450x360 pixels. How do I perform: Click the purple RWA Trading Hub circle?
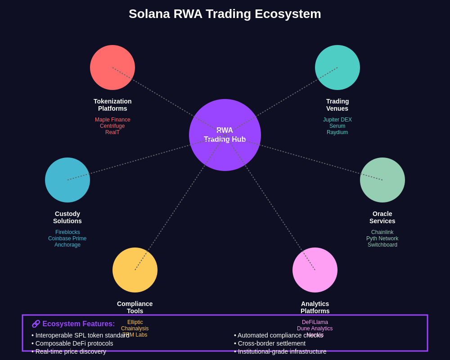225,153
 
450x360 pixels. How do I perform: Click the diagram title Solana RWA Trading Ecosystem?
225,14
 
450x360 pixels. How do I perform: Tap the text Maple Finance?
112,120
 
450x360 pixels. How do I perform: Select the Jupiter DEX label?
337,120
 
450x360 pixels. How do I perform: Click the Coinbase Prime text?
67,238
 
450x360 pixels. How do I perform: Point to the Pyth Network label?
382,238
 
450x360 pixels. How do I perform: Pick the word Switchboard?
382,245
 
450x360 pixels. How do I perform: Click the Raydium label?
337,132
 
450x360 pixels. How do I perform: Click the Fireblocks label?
67,232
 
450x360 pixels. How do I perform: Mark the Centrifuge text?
112,126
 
